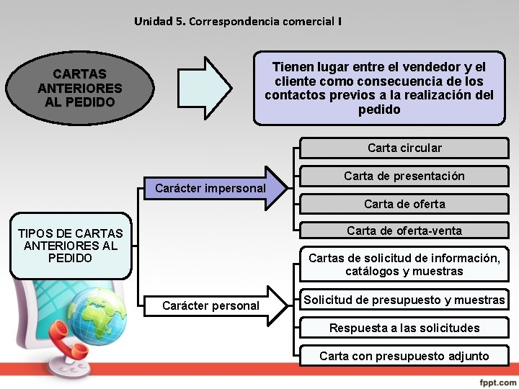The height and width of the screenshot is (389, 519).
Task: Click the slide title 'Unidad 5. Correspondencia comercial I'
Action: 237,22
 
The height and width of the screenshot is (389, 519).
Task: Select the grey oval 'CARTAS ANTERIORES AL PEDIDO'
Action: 80,88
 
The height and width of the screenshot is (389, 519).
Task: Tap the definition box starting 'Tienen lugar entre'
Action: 379,88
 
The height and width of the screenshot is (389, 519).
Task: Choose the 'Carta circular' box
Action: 404,148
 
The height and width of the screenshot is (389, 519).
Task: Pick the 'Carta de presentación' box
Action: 404,176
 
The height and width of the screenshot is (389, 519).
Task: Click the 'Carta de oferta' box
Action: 404,204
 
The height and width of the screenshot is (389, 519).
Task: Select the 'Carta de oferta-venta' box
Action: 404,231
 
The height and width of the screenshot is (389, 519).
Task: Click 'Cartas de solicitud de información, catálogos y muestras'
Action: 404,264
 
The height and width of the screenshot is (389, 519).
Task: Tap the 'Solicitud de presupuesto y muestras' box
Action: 404,300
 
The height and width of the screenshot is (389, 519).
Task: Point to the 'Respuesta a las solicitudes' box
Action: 404,328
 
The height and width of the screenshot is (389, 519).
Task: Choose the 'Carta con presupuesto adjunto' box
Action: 404,356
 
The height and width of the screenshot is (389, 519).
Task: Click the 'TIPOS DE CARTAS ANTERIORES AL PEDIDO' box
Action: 71,245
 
